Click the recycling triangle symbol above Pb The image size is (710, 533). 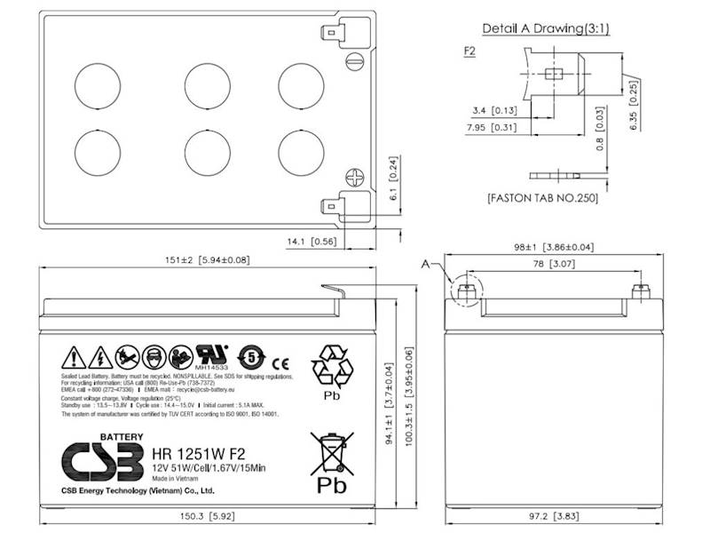[331, 365]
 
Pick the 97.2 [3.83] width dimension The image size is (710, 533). [556, 515]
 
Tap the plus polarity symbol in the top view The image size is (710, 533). [354, 177]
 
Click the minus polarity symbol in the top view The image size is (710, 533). [354, 62]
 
